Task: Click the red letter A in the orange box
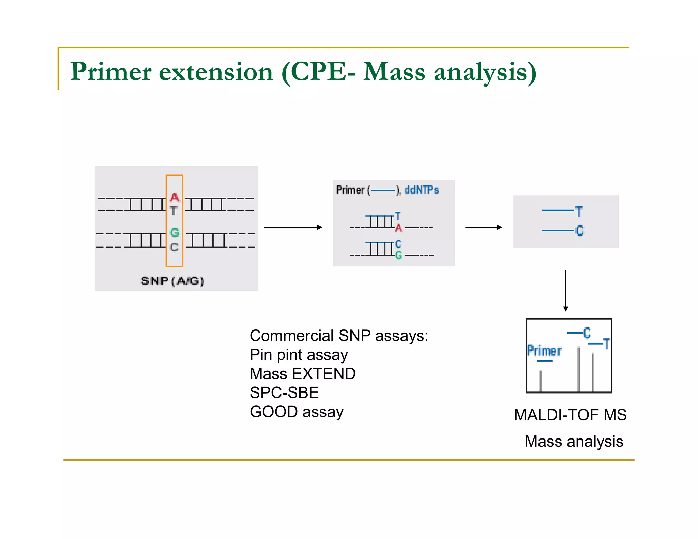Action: tap(174, 197)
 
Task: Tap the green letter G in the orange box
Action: tap(174, 233)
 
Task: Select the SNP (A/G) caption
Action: tap(172, 281)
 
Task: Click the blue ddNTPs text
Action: tap(421, 190)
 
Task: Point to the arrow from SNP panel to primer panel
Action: tap(293, 227)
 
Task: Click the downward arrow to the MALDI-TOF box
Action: tap(566, 290)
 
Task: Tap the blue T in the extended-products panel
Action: tap(579, 212)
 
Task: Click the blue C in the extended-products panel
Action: tap(579, 231)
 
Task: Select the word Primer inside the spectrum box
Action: tap(544, 351)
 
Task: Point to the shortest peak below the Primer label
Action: tap(541, 381)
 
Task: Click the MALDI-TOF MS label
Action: tap(570, 415)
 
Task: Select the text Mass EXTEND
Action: tap(303, 374)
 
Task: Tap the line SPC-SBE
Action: tap(284, 393)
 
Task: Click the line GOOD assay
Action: tap(297, 412)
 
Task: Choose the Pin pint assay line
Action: tap(299, 355)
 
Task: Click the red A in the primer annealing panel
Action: tap(398, 228)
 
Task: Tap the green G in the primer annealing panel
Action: tap(398, 255)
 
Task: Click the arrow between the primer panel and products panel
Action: tap(483, 227)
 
